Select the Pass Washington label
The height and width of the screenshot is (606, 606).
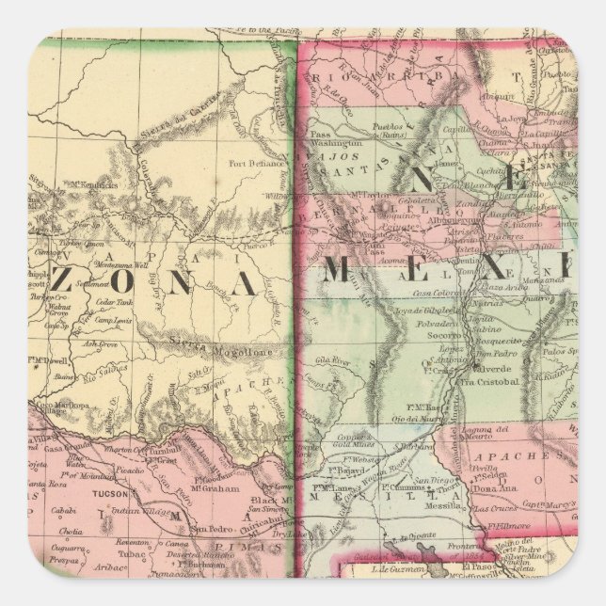coord(339,141)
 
